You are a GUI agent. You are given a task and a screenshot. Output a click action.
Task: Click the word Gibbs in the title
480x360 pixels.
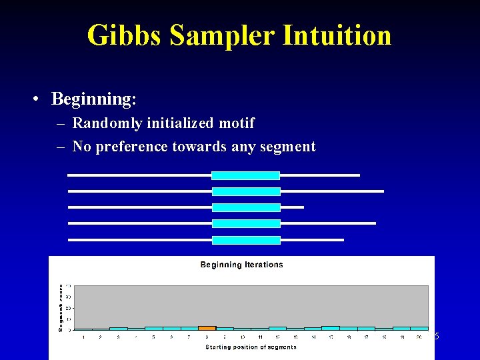click(x=124, y=35)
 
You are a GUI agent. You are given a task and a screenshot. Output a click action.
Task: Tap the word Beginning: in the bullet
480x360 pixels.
click(x=94, y=99)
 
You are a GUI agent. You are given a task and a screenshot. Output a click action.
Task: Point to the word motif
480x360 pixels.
click(x=235, y=123)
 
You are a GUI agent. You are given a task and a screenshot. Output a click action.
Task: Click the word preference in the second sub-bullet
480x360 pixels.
click(x=132, y=147)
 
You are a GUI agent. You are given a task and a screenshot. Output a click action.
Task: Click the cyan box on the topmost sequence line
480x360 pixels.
click(x=245, y=175)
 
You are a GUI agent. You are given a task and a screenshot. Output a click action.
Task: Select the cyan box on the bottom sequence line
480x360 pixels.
click(x=245, y=240)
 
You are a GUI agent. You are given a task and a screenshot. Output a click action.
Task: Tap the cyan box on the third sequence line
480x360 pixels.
click(x=245, y=207)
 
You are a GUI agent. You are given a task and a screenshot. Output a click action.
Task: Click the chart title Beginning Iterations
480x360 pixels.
click(x=241, y=265)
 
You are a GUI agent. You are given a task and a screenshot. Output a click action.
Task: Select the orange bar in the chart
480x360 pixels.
click(x=207, y=328)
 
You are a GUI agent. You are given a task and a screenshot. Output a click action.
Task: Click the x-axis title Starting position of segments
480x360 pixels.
click(x=251, y=347)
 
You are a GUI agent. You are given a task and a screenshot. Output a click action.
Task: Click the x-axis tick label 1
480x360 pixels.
click(x=83, y=337)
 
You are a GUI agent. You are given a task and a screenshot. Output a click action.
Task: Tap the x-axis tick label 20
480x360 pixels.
click(x=419, y=337)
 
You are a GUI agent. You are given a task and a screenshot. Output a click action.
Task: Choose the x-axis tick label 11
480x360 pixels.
click(x=260, y=337)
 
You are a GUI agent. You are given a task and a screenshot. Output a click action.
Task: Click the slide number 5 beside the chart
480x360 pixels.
click(x=437, y=337)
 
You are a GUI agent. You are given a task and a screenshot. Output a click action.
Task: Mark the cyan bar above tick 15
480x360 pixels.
click(x=331, y=328)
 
